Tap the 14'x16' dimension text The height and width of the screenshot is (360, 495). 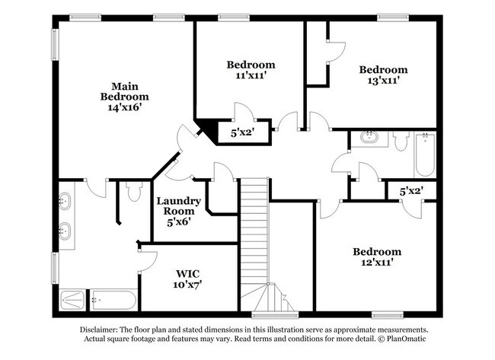click(x=124, y=108)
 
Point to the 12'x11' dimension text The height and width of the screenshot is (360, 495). click(x=376, y=264)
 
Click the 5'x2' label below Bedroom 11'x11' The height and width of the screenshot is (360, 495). click(x=243, y=132)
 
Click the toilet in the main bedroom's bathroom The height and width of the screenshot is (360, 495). click(x=133, y=193)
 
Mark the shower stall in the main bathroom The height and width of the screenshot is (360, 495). click(x=73, y=300)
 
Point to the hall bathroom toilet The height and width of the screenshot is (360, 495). click(x=401, y=139)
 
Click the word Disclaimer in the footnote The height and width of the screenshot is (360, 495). click(x=104, y=330)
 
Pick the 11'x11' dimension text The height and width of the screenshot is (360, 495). click(x=251, y=76)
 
